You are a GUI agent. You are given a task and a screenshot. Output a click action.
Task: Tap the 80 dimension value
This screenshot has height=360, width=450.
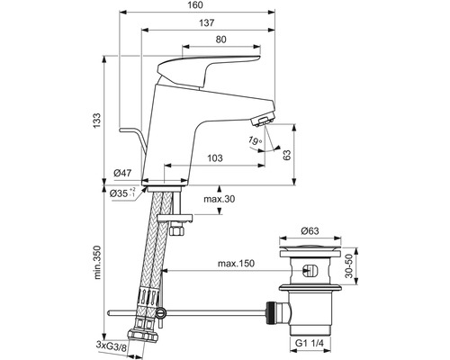[x=221, y=40]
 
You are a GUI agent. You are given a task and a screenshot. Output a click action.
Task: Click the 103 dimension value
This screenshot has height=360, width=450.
[x=214, y=158]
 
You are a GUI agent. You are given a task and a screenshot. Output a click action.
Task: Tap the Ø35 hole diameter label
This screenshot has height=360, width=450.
[x=123, y=192]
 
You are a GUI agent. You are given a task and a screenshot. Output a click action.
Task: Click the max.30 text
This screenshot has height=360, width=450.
[x=220, y=199]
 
